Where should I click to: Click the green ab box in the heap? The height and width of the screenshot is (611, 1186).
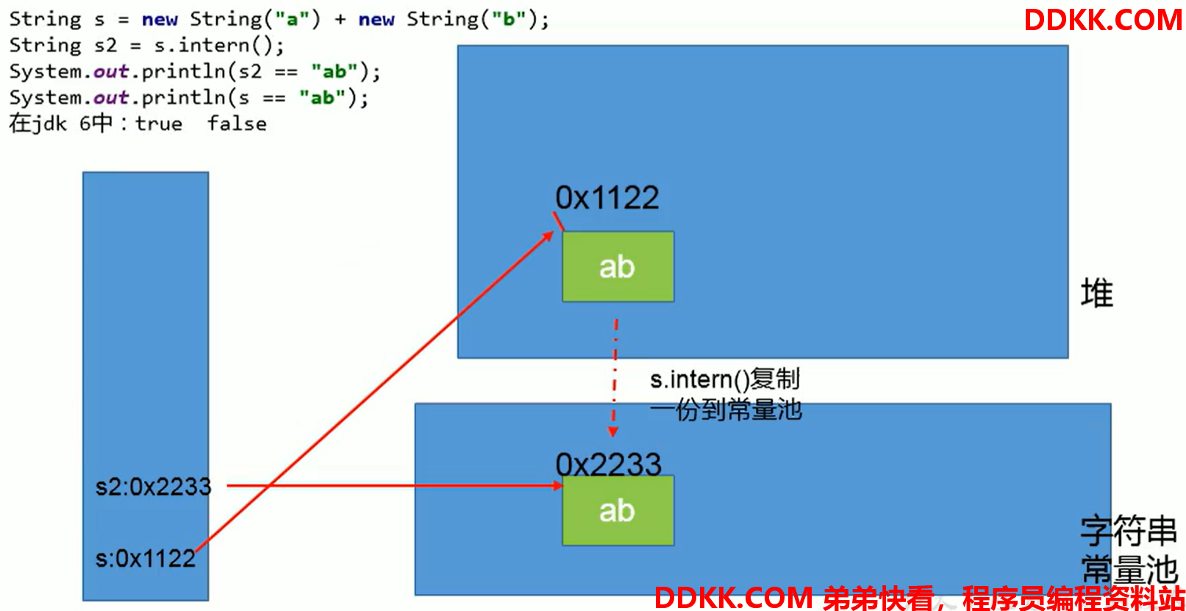click(618, 266)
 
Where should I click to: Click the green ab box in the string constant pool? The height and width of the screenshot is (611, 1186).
click(618, 510)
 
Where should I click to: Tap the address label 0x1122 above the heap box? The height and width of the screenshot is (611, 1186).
click(607, 198)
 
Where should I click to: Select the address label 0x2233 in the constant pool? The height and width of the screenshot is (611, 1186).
click(608, 465)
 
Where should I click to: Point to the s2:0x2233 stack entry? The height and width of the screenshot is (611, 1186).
click(153, 487)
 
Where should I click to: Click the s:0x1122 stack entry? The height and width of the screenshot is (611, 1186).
click(145, 559)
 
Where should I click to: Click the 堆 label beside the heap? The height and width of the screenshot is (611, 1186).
click(1097, 293)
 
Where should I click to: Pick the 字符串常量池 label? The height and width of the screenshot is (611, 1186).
click(1129, 551)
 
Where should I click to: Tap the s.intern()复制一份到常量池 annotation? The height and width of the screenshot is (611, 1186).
click(726, 394)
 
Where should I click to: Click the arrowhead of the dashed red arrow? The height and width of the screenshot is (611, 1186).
click(612, 432)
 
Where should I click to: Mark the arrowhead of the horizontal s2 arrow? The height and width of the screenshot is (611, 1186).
click(557, 485)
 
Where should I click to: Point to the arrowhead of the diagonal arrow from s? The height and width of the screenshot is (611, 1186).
click(549, 236)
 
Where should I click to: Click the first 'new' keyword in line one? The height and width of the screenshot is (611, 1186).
click(160, 20)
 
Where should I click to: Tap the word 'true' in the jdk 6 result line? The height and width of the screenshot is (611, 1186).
click(158, 124)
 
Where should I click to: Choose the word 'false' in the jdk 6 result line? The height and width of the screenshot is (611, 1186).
click(237, 124)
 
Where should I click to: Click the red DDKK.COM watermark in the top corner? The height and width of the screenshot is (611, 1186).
click(1103, 20)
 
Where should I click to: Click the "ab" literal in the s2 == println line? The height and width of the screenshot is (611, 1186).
click(335, 71)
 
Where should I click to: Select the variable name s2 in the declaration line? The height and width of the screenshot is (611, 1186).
click(105, 46)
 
